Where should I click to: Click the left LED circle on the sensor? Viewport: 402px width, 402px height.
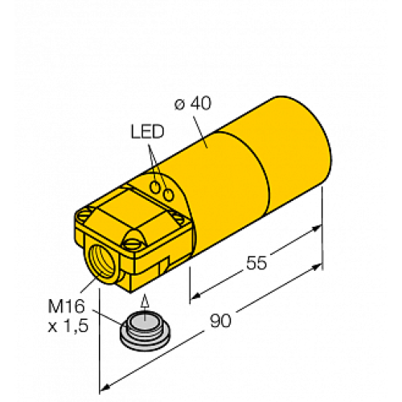(155, 187)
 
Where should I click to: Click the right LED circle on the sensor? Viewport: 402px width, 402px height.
(168, 195)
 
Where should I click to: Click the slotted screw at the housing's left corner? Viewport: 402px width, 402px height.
(84, 215)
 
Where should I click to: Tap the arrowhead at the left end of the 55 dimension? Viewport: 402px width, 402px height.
(195, 297)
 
